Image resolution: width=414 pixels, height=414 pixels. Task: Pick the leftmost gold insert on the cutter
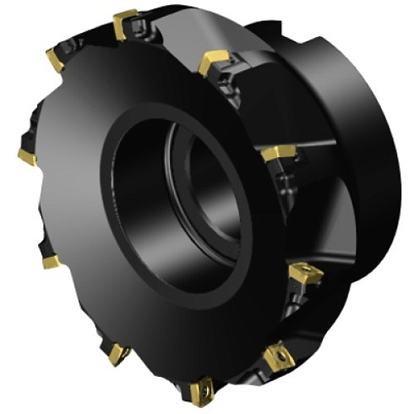27,156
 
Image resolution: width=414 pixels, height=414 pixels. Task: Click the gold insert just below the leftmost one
51,262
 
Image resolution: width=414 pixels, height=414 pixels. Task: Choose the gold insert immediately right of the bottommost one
277,357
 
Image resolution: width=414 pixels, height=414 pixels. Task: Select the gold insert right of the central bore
278,154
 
